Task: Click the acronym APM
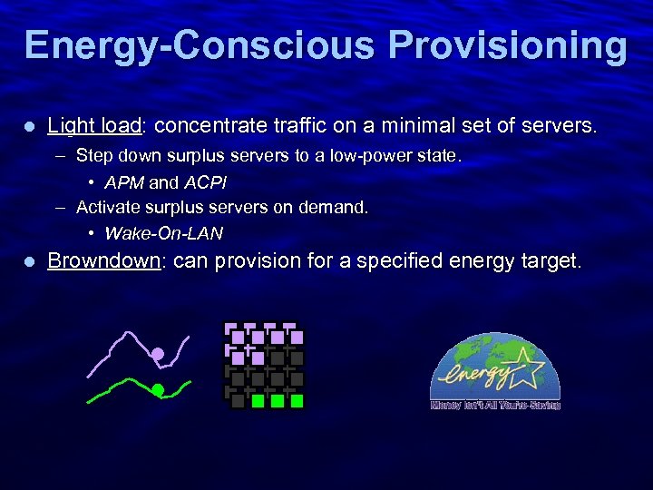124,182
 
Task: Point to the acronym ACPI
204,182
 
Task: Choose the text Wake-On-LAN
163,234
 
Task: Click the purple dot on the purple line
158,354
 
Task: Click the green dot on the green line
157,390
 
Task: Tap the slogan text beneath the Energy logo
495,406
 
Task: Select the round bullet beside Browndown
28,261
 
